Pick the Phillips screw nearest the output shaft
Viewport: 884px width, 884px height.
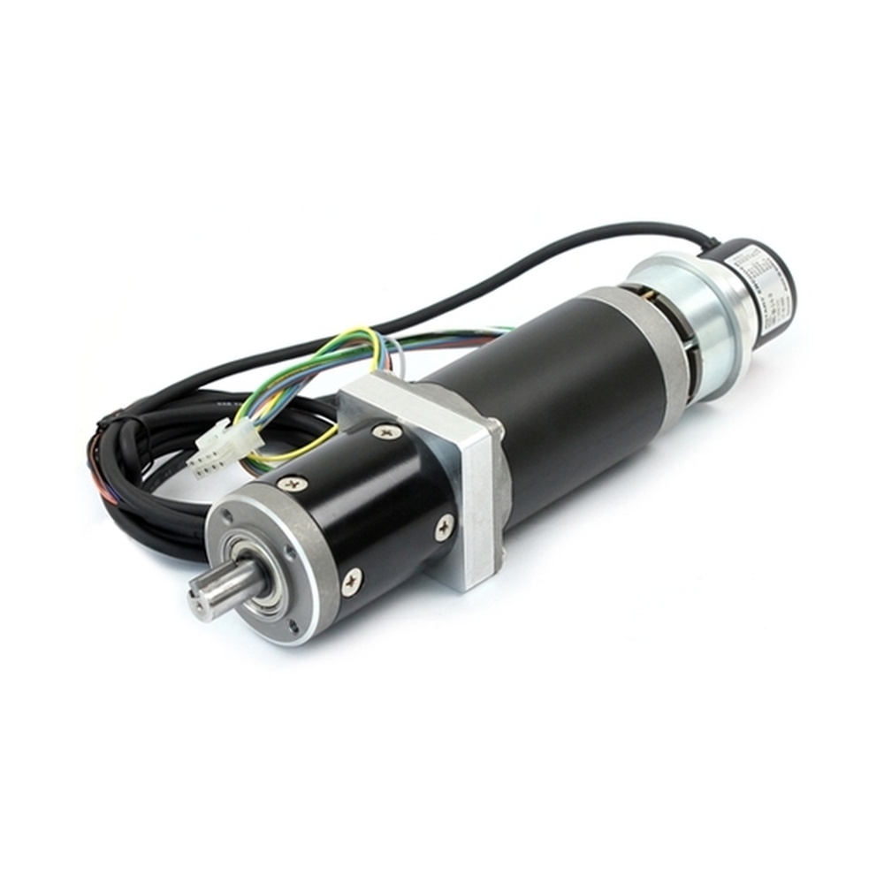(351, 580)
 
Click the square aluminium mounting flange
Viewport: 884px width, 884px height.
(469, 495)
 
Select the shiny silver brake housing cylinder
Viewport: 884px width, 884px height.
(698, 327)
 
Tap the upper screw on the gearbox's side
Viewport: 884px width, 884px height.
(293, 484)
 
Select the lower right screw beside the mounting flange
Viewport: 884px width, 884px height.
(444, 527)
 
